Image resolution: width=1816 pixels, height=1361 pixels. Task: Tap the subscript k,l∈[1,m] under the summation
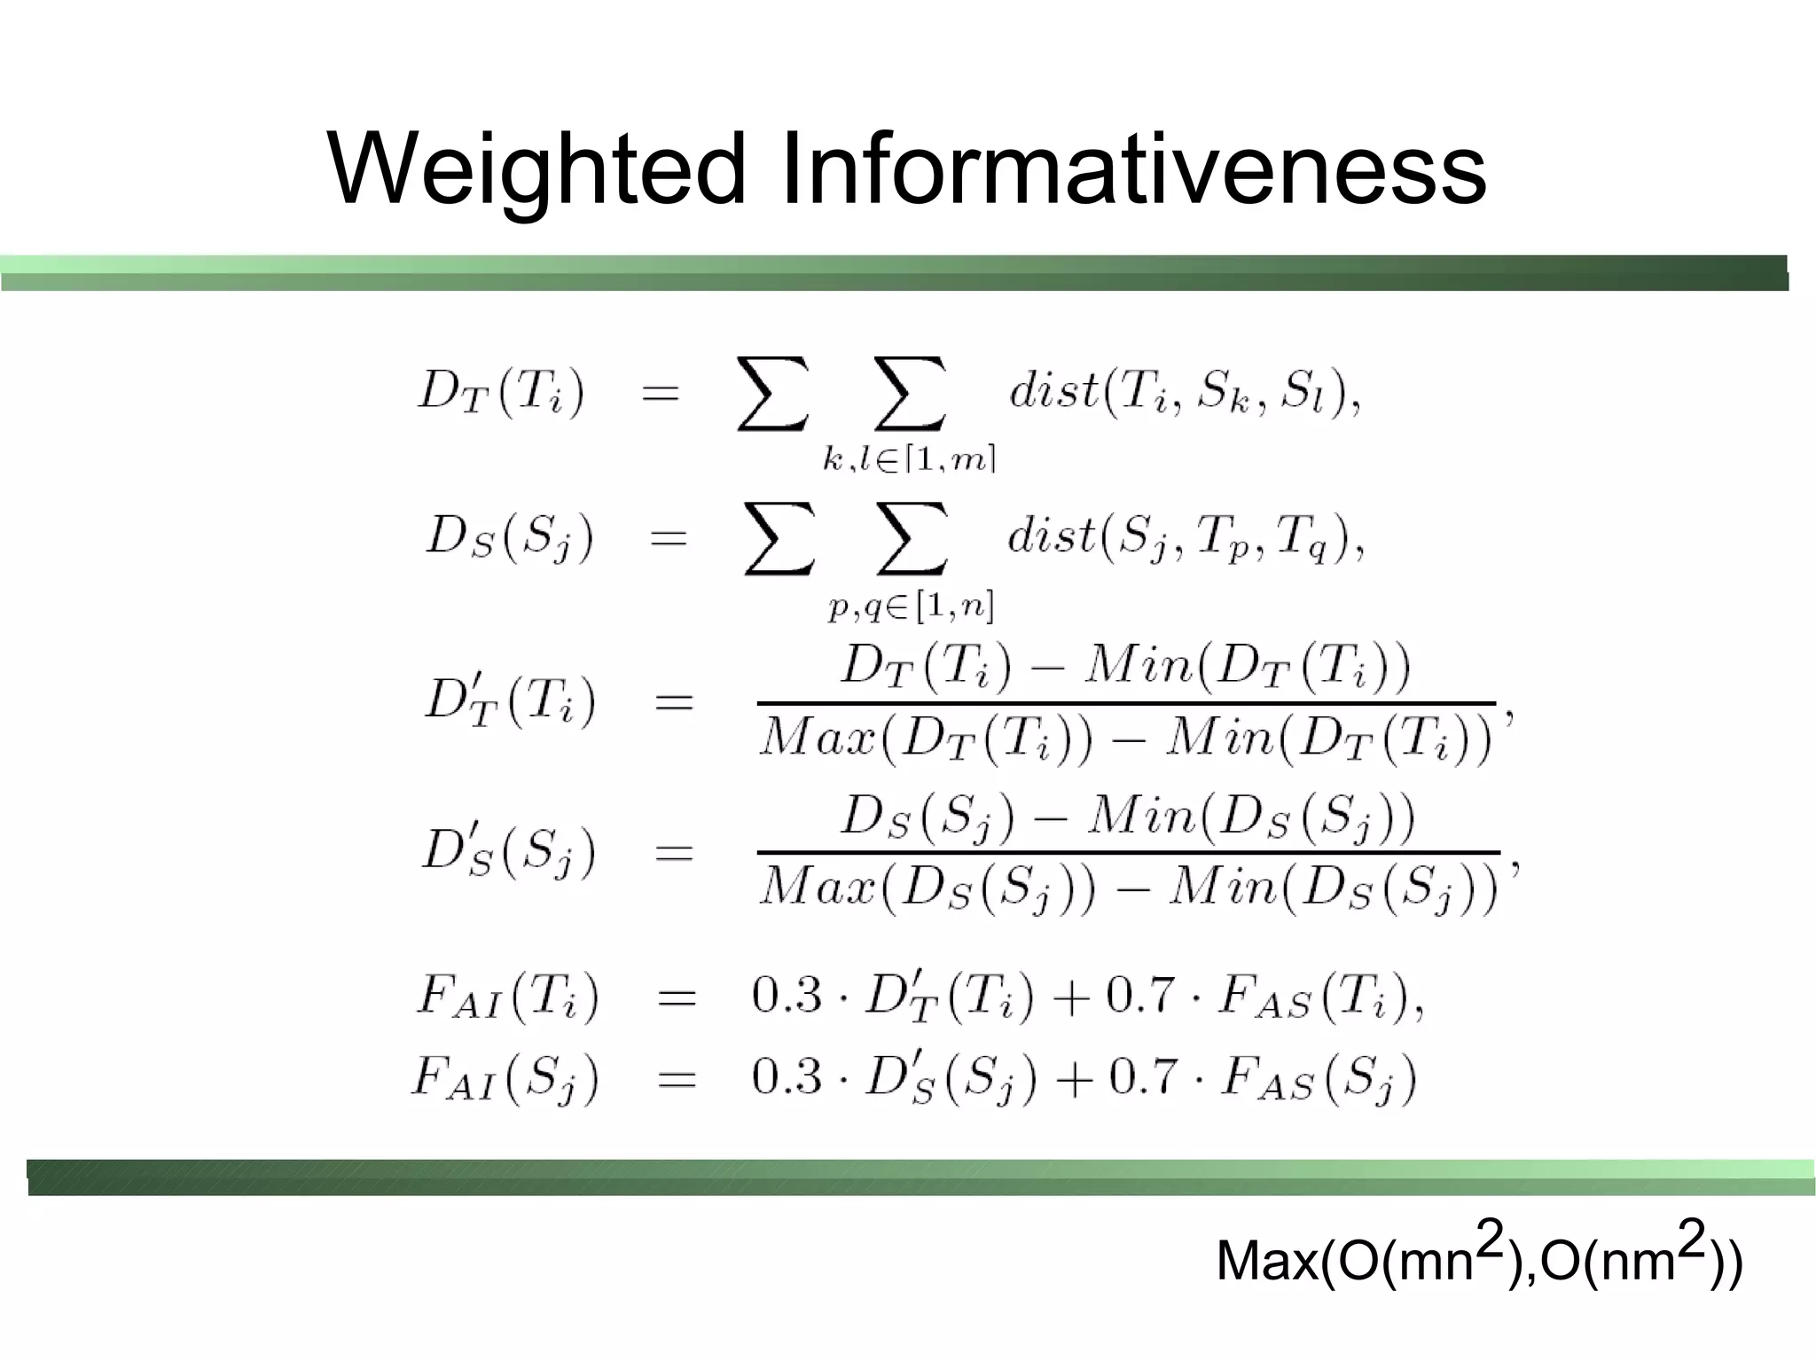[909, 459]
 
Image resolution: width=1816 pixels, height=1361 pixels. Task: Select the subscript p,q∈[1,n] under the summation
[911, 606]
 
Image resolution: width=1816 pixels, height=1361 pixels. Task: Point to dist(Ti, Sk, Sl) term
[1184, 392]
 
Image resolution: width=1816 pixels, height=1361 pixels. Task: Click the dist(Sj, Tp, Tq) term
[1184, 537]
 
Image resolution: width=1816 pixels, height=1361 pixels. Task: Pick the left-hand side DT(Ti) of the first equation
[501, 392]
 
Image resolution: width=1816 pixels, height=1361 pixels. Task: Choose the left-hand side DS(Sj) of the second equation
[509, 537]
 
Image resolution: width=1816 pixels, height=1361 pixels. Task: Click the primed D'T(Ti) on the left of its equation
[509, 701]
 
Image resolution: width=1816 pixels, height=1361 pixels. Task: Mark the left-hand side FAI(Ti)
[508, 997]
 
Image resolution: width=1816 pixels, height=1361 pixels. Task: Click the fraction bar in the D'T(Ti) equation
[1126, 704]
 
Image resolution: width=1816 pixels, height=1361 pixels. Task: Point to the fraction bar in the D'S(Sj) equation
[1128, 853]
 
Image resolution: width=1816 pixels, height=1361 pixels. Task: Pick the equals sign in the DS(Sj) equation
[669, 537]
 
